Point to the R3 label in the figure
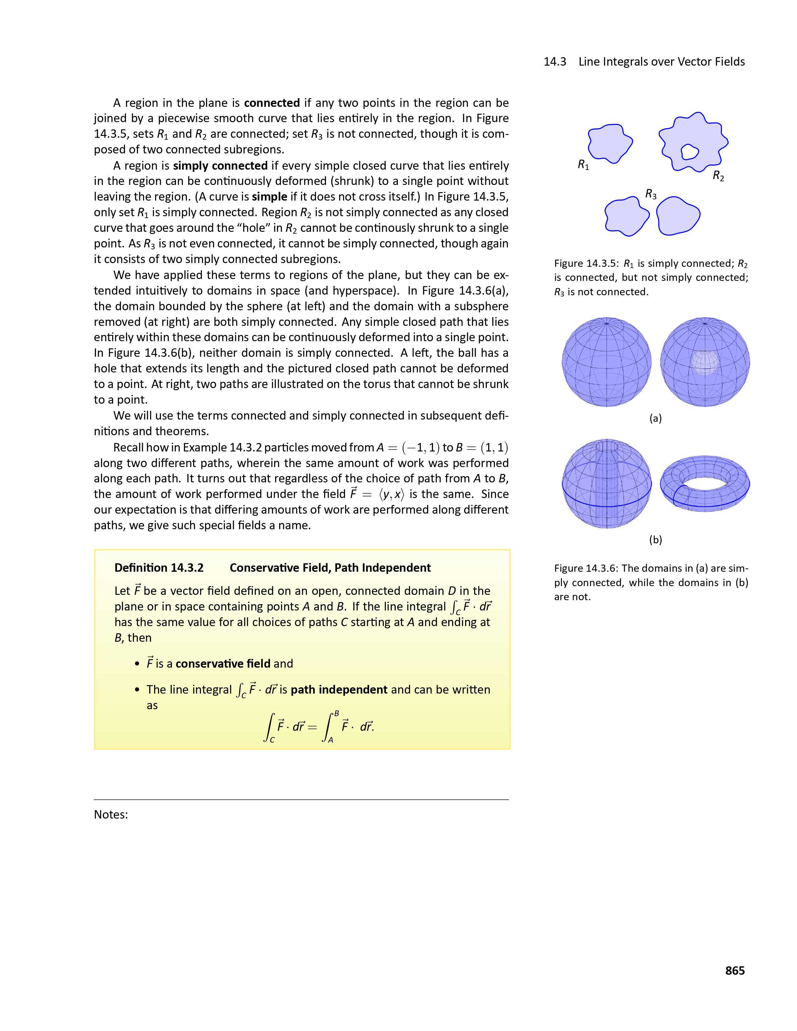point(651,194)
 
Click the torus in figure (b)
point(704,482)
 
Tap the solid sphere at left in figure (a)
point(607,362)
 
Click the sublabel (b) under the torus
point(655,540)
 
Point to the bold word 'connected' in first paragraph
point(272,103)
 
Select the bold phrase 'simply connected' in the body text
point(220,166)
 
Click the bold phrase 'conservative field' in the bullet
point(223,664)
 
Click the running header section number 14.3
point(555,62)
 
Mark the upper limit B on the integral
point(336,713)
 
